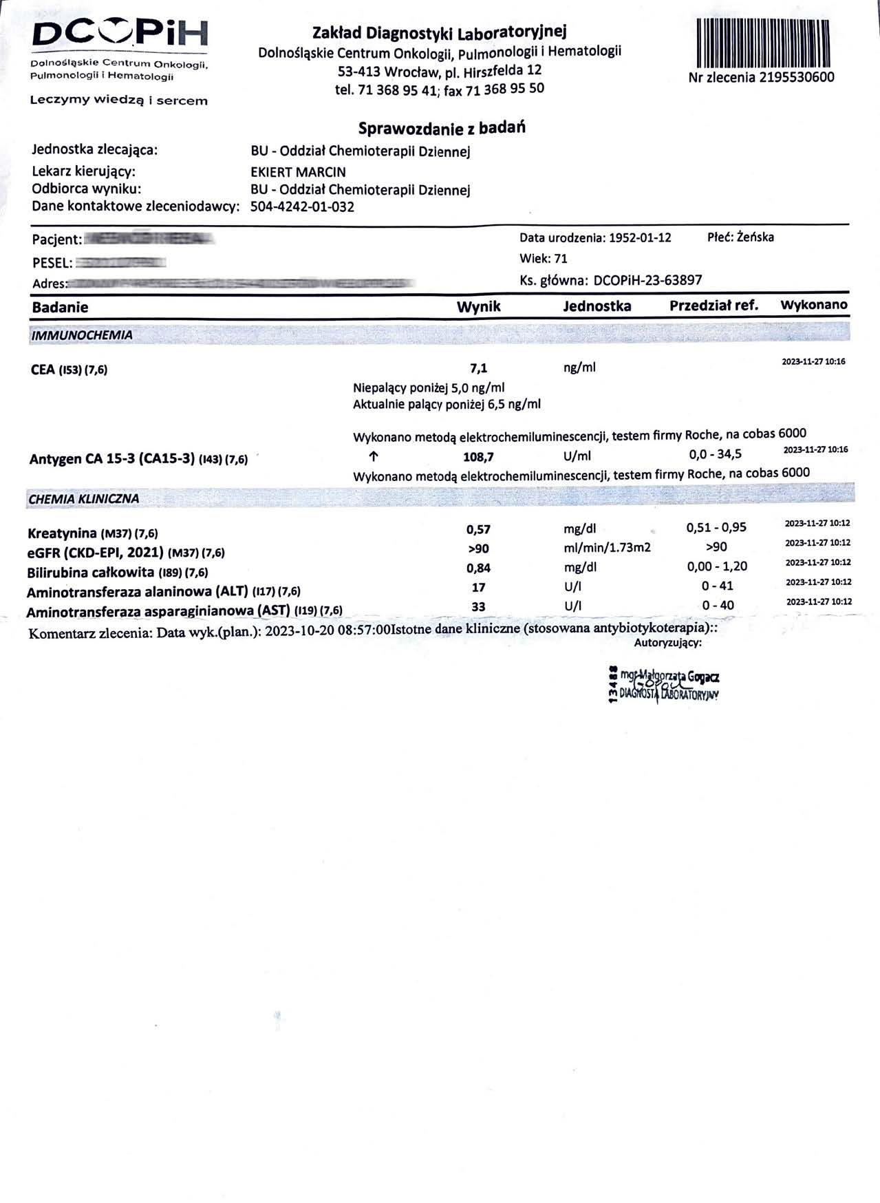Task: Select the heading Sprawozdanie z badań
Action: tap(442, 128)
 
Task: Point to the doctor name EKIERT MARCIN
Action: tap(298, 172)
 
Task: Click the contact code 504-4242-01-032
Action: tap(302, 206)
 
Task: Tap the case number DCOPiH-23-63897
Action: tap(647, 280)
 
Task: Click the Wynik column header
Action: tap(478, 307)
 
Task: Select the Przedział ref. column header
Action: tap(713, 306)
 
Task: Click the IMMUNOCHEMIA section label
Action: tap(82, 336)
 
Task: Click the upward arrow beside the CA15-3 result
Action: tap(374, 456)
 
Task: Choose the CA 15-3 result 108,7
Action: tap(478, 456)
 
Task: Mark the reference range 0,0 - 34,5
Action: tap(715, 454)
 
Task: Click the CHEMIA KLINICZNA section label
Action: tap(84, 498)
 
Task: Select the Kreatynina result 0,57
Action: tap(478, 529)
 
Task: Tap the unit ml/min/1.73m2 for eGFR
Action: tap(607, 548)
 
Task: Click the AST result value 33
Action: tap(478, 606)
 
